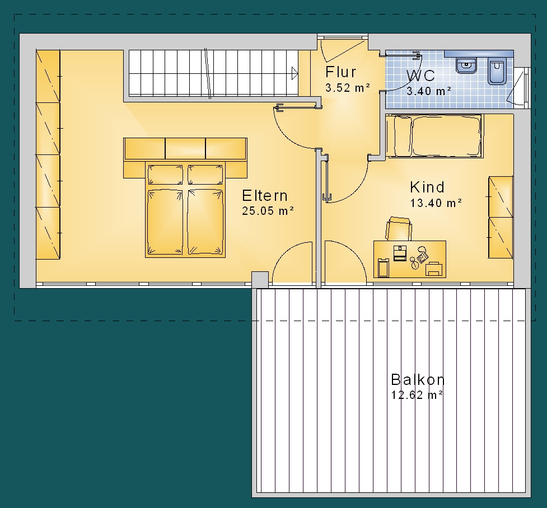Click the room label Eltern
[x=265, y=196]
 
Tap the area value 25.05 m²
[x=268, y=211]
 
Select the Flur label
[x=341, y=72]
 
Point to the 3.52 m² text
[x=348, y=87]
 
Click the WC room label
[x=420, y=76]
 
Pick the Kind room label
[x=427, y=187]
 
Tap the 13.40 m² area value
[x=436, y=203]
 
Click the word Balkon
[x=418, y=379]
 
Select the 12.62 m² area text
[x=417, y=395]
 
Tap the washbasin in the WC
[x=466, y=65]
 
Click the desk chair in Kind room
[x=399, y=229]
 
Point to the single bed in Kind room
[x=434, y=135]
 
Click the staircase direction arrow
[x=295, y=73]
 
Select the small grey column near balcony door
[x=260, y=280]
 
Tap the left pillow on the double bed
[x=165, y=175]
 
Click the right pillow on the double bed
[x=205, y=175]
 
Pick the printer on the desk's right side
[x=434, y=269]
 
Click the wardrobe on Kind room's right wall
[x=501, y=217]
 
